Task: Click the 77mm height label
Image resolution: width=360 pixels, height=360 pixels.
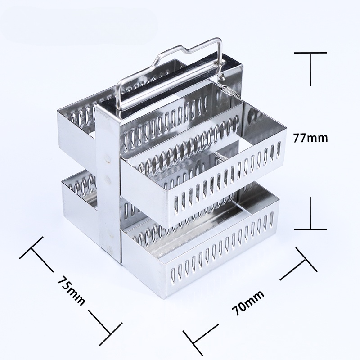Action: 311,138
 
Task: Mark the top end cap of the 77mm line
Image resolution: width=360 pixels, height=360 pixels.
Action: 310,53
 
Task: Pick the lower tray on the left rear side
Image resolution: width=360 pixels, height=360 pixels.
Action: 79,191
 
